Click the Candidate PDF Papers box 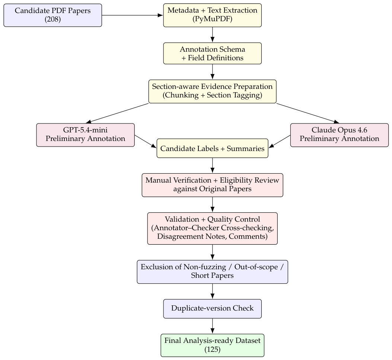[53, 15]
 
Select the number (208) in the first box [53, 19]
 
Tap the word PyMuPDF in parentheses [213, 19]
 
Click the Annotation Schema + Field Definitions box [213, 54]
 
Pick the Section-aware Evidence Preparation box [213, 91]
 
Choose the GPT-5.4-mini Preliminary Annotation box [86, 135]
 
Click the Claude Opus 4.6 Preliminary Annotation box [340, 135]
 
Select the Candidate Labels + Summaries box [213, 148]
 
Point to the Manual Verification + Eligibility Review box [213, 185]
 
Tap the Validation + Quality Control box [213, 228]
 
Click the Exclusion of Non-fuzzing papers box [213, 272]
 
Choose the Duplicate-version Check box [213, 309]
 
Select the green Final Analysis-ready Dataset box [213, 345]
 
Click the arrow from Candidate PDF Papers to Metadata [133, 15]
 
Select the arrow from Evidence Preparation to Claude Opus [308, 113]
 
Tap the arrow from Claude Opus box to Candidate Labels [280, 142]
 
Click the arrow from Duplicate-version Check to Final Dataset [213, 326]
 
